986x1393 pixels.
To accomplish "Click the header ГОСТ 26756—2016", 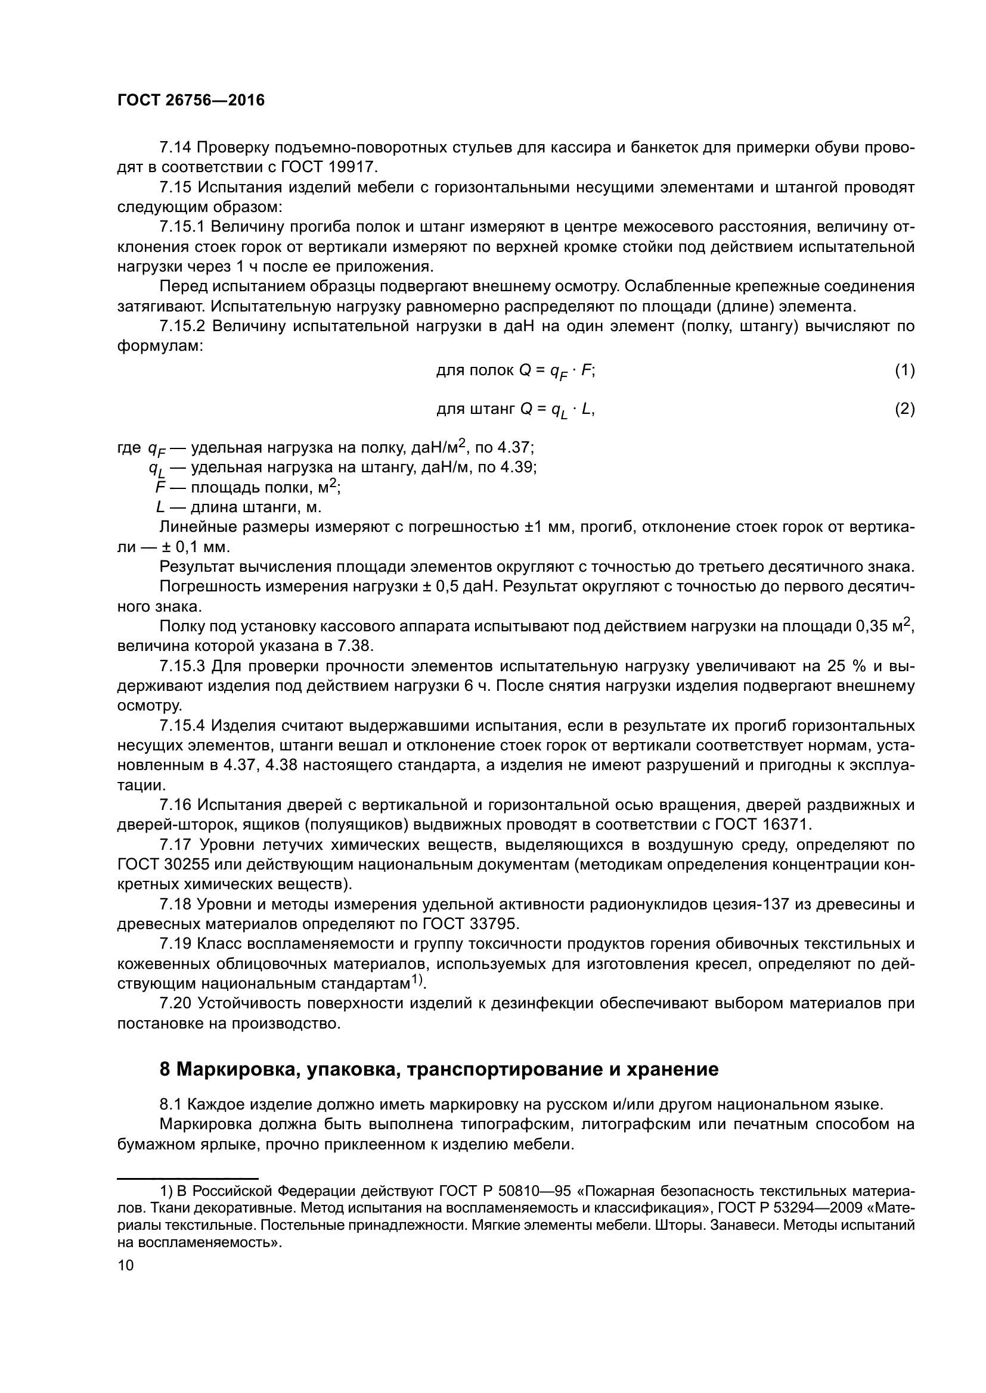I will tap(191, 101).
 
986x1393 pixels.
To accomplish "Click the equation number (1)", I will tap(904, 370).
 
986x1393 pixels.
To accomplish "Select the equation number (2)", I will tap(904, 410).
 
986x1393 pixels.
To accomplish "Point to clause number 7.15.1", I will tap(183, 227).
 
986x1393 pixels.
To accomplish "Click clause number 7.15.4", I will tap(183, 726).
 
